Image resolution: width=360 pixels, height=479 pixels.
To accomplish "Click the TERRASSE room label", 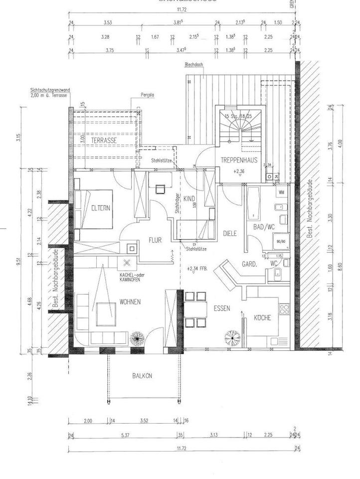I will (x=104, y=141).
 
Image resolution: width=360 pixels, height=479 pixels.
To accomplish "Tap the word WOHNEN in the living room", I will (x=130, y=302).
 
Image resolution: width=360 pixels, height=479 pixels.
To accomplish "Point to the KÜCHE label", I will (x=262, y=317).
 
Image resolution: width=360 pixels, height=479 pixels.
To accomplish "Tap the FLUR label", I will (x=155, y=239).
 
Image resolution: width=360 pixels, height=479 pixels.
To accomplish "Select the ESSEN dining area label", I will (x=222, y=308).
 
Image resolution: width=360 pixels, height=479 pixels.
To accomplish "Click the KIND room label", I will (x=189, y=199).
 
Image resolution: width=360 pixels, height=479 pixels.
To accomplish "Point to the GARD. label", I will (x=249, y=265).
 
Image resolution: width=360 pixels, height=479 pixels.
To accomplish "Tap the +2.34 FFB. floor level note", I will (x=197, y=269).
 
